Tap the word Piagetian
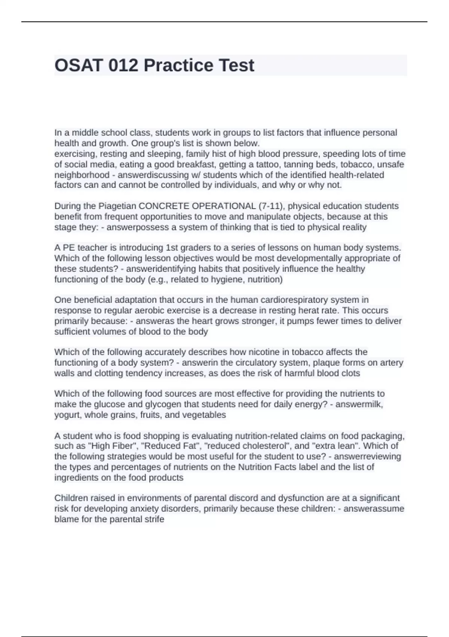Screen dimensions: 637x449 click(x=117, y=206)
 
